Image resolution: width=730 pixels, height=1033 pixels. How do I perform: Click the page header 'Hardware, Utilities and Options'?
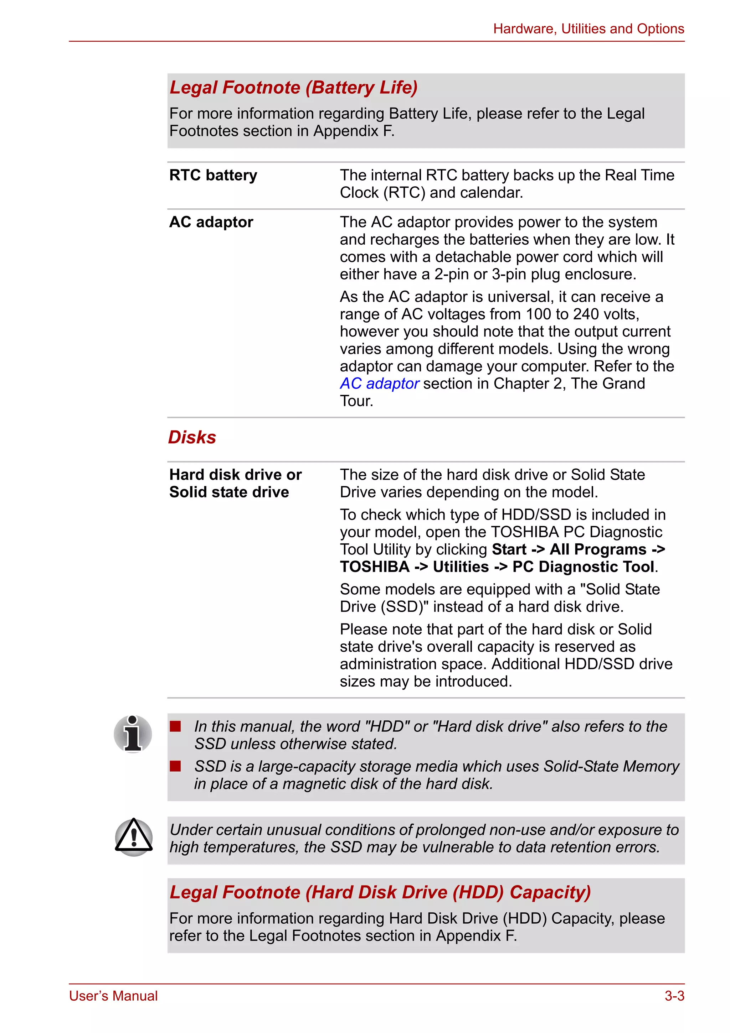(588, 29)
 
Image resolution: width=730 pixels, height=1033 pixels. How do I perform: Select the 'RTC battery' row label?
(213, 175)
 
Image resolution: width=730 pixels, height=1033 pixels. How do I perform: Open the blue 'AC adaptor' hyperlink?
(379, 384)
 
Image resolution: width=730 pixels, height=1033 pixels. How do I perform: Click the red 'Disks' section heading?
(192, 437)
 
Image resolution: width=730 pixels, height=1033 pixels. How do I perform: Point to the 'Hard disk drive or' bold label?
(235, 475)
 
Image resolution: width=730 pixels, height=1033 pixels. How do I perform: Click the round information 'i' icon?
(133, 734)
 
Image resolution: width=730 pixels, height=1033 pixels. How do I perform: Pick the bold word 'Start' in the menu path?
(509, 549)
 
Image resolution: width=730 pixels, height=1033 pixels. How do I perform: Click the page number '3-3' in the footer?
(674, 996)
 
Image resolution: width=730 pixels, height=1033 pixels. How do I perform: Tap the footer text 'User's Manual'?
(113, 996)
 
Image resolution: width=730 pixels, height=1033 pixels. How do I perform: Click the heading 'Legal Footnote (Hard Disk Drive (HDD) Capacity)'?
(380, 892)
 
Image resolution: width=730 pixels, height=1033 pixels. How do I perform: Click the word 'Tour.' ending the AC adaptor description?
(356, 401)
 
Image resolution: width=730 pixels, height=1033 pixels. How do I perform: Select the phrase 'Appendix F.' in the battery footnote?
(354, 131)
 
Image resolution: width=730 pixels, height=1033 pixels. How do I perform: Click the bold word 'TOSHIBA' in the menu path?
(375, 567)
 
